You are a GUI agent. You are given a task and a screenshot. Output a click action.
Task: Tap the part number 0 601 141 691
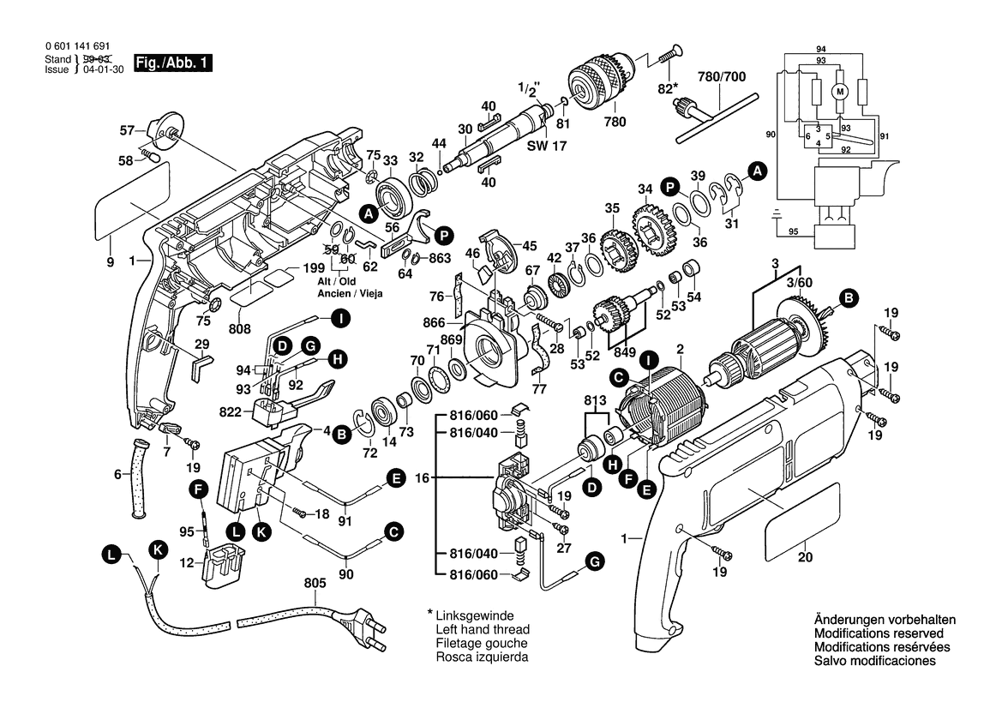76,46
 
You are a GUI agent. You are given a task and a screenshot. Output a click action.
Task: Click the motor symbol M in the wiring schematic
841,91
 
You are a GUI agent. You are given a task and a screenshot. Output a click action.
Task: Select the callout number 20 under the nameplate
804,555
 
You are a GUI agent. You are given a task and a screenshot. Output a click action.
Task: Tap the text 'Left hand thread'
482,629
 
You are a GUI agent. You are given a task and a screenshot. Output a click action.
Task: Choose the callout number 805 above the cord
315,584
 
